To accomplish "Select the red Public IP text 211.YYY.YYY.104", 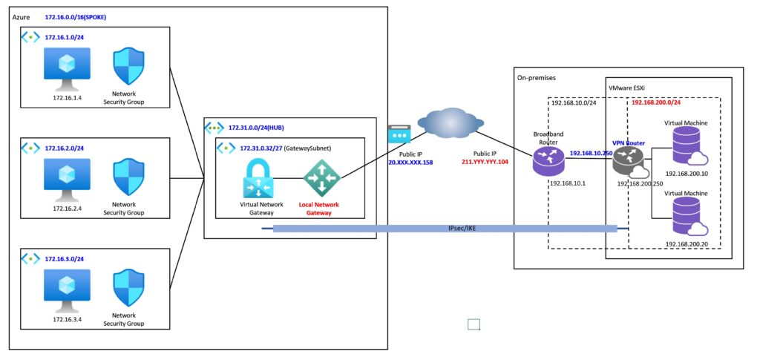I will tap(484, 161).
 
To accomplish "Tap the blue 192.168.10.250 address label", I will tap(592, 152).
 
